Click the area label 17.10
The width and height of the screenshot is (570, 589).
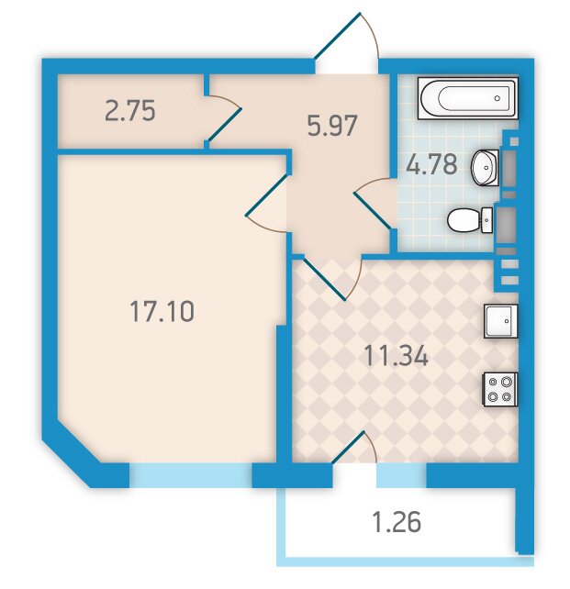point(162,311)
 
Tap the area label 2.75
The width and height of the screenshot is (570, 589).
point(130,111)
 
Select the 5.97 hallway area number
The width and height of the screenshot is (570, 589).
point(331,126)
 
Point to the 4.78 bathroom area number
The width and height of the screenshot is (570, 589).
point(431,164)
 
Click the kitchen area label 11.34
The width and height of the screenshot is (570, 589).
point(396,356)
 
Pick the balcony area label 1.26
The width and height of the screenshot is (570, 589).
point(396,523)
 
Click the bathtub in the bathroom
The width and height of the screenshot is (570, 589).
point(468,98)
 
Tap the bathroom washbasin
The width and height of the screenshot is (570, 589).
point(486,168)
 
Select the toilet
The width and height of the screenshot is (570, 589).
point(470,220)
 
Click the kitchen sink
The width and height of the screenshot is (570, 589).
point(501,321)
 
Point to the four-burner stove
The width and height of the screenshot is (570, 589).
point(500,389)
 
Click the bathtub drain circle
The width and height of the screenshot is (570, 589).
point(497,98)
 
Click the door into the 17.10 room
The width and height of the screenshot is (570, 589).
point(267,203)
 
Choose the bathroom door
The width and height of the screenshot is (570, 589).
point(374,204)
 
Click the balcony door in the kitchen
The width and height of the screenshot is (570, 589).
point(354,448)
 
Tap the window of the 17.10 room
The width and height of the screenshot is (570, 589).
point(191,475)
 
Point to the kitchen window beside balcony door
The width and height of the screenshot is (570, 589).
point(402,475)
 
